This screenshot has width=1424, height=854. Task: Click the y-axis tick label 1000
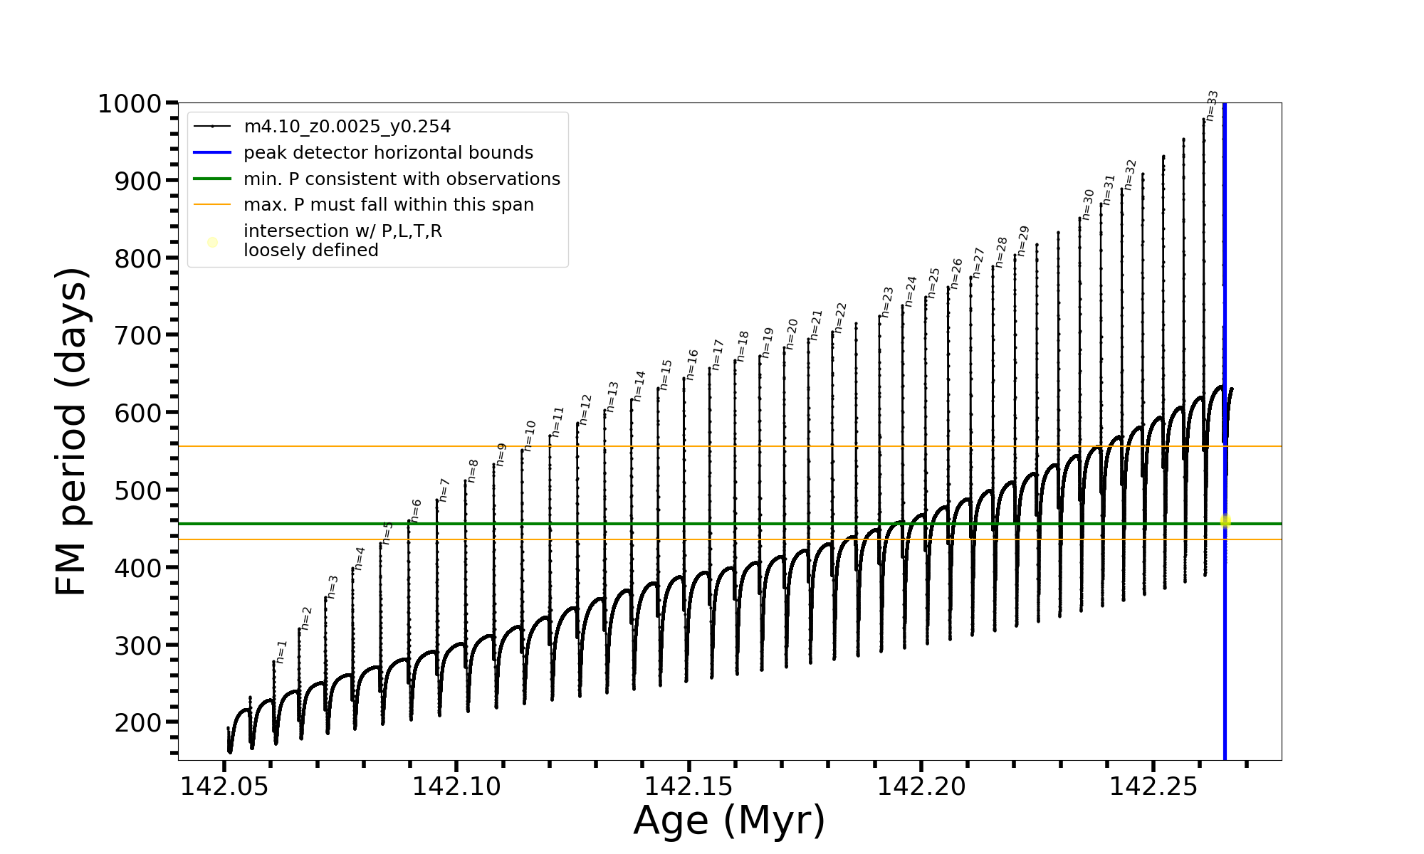tap(130, 104)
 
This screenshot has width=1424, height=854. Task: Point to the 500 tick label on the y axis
tap(138, 490)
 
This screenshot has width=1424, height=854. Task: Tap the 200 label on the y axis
tap(138, 722)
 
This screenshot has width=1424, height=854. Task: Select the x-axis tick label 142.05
tap(224, 787)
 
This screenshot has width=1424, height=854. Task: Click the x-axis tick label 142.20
tap(921, 787)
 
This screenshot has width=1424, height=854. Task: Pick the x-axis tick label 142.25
tap(1153, 787)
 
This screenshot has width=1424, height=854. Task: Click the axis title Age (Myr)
tap(729, 821)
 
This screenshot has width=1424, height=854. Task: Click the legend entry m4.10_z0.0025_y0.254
tap(347, 127)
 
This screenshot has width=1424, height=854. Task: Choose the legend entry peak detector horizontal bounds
tap(388, 153)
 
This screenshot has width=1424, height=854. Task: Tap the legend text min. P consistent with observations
tap(402, 179)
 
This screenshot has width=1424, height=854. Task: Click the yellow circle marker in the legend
tap(212, 243)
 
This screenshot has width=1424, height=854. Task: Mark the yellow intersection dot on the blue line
tap(1225, 522)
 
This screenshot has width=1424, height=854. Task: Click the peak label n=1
tap(282, 652)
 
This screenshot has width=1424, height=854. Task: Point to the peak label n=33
tap(1213, 105)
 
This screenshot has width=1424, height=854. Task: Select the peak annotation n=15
tap(666, 375)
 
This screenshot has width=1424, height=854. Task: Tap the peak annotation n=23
tap(887, 302)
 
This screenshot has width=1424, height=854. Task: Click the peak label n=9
tap(501, 455)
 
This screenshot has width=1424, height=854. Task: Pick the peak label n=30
tap(1088, 204)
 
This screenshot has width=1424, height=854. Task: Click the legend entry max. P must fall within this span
tap(388, 205)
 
